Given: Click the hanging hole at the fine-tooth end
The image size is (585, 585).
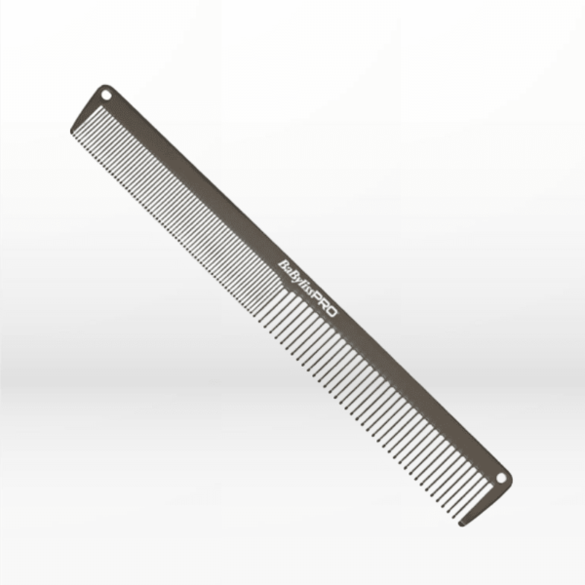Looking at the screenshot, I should [105, 95].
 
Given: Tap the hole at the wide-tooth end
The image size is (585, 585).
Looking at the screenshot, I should [502, 479].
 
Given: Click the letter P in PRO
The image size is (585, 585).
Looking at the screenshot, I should [324, 305].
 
